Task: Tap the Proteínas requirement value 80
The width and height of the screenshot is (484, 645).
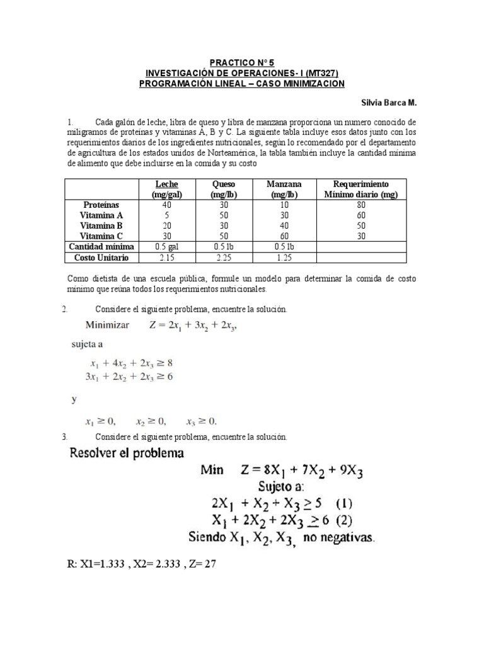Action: [x=360, y=205]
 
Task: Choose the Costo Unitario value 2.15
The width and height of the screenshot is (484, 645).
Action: [x=166, y=258]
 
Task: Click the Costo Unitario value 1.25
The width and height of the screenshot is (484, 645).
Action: [x=284, y=258]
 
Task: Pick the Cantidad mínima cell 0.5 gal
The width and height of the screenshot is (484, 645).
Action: [x=166, y=247]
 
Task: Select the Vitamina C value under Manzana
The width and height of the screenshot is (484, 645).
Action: [x=284, y=236]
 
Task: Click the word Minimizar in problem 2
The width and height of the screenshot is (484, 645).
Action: [x=107, y=325]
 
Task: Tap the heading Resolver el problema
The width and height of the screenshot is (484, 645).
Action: [x=127, y=453]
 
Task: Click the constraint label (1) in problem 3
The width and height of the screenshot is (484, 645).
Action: [x=343, y=503]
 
